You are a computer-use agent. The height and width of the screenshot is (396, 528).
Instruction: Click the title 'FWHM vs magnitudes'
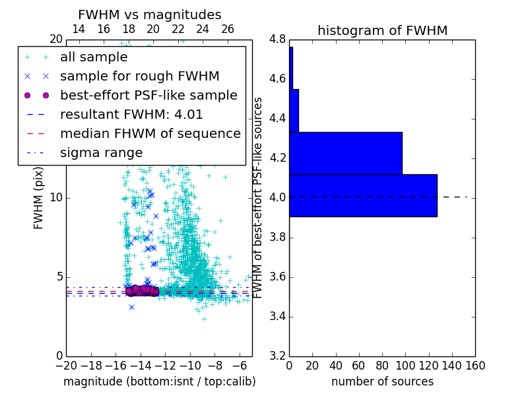click(150, 15)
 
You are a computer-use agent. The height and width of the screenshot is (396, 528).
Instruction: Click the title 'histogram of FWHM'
click(382, 30)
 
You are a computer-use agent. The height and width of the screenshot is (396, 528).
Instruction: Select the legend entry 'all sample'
click(94, 57)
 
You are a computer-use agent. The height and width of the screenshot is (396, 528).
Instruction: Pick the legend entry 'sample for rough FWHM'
click(139, 77)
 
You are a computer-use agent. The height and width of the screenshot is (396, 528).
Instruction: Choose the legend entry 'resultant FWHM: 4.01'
click(131, 114)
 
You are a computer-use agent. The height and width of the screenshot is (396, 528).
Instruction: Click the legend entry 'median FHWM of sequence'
click(150, 133)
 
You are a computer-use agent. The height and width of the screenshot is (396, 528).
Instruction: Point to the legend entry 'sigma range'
click(101, 152)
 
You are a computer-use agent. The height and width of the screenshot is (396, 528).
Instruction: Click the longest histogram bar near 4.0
click(363, 195)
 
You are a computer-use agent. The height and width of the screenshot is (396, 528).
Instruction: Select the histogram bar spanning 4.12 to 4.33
click(345, 153)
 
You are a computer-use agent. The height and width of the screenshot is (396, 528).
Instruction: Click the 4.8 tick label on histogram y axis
click(277, 40)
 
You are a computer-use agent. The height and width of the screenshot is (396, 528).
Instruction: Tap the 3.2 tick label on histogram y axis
click(277, 356)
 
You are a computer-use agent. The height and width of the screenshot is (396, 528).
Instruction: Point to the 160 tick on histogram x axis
click(475, 365)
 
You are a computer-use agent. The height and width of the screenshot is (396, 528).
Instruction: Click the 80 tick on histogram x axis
click(382, 365)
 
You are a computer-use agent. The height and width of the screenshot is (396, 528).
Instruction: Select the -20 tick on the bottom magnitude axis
click(65, 365)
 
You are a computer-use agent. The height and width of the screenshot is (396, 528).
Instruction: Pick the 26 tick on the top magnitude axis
click(227, 30)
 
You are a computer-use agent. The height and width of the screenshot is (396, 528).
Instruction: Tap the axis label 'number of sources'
click(382, 381)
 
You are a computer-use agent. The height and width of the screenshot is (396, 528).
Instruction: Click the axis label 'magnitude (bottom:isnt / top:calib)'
click(159, 381)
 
